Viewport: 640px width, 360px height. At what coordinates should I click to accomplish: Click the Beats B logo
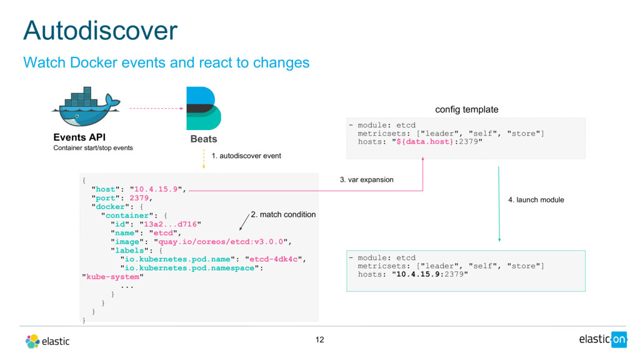(x=203, y=109)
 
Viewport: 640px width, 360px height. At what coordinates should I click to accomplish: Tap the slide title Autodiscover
(x=100, y=30)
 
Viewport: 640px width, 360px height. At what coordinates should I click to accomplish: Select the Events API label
(x=79, y=137)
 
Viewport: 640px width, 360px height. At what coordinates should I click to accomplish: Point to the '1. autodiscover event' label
(x=246, y=156)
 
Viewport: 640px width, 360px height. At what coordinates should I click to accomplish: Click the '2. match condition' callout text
(x=283, y=214)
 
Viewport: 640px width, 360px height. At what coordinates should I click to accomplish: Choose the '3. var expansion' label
(x=366, y=179)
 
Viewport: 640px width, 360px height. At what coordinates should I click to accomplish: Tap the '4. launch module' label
(x=536, y=200)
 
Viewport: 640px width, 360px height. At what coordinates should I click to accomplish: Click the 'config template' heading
(x=466, y=109)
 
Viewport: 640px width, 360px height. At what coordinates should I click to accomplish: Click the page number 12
(x=320, y=340)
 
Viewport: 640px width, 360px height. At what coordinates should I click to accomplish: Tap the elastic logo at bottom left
(x=47, y=341)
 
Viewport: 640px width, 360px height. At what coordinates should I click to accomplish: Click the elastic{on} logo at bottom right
(x=602, y=339)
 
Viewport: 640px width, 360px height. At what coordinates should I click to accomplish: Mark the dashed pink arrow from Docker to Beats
(x=156, y=109)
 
